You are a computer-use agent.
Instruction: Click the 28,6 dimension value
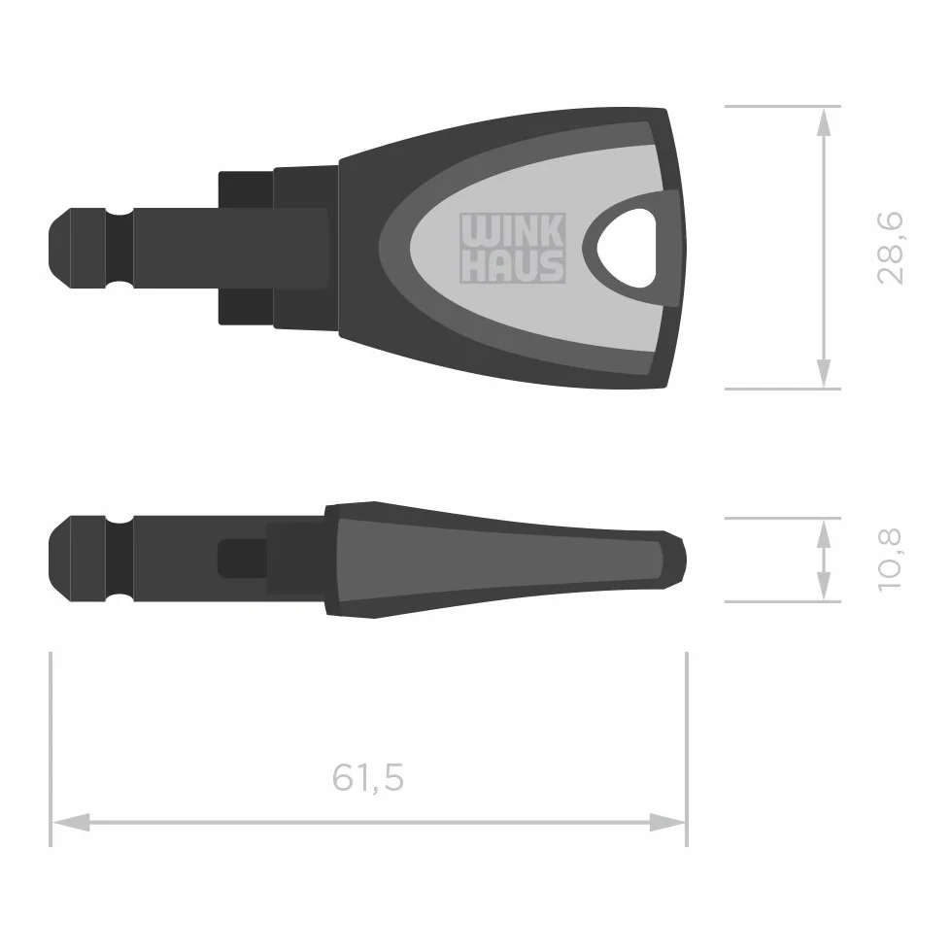(891, 249)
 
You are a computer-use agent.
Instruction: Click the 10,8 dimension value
(891, 560)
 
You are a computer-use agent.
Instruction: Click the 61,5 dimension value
(368, 777)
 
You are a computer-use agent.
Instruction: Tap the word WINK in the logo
(513, 230)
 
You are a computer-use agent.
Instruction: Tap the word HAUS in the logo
(513, 266)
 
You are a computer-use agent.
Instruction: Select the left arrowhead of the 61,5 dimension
(71, 823)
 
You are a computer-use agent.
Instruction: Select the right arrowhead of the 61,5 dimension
(667, 823)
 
